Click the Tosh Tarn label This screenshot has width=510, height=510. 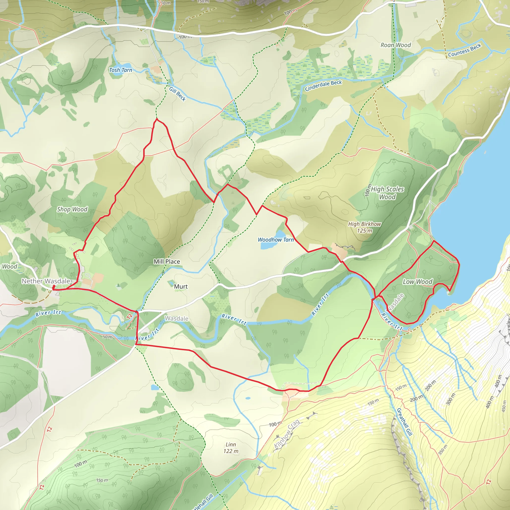[x=121, y=70]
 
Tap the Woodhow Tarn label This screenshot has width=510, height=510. [x=276, y=240]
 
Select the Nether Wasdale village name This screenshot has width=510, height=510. [x=46, y=281]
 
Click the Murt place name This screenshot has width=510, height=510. [x=181, y=286]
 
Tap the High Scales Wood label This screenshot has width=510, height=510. [x=387, y=193]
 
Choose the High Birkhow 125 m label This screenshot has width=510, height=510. [x=365, y=227]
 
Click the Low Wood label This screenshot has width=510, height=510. [x=417, y=282]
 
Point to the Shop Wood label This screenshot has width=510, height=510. [x=72, y=209]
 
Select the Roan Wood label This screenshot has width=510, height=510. [x=395, y=45]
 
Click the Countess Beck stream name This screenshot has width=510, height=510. [x=465, y=50]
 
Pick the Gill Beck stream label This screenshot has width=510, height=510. [x=177, y=94]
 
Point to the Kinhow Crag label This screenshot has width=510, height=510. [x=287, y=434]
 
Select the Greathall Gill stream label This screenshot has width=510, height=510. [x=404, y=422]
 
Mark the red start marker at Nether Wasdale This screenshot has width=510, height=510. [x=54, y=287]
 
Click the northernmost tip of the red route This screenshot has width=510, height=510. [x=157, y=119]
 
